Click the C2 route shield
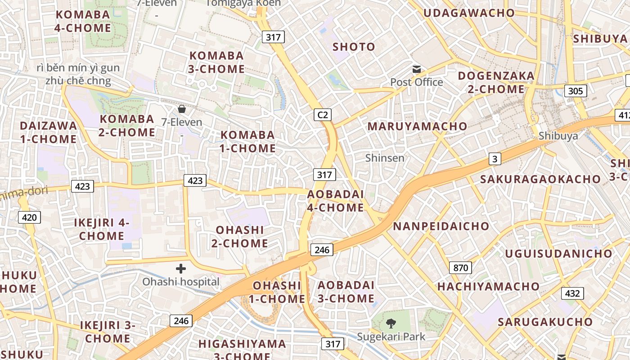pos(323,115)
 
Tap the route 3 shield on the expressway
pos(495,159)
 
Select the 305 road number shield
pos(575,91)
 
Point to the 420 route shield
pos(29,218)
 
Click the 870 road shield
pos(460,268)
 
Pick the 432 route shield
pos(572,293)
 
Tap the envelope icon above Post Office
pos(417,69)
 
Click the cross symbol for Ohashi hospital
pos(181,269)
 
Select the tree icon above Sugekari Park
pos(391,323)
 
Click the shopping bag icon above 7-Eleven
pos(182,109)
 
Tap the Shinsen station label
pos(385,158)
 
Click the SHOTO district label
pos(354,47)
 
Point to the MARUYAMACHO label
pos(418,126)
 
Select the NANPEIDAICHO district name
pos(441,226)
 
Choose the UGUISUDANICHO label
pos(558,253)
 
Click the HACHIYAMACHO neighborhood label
pos(488,287)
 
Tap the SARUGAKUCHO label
pos(545,322)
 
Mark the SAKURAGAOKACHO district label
pos(540,179)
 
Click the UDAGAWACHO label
pos(469,13)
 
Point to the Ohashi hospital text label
pos(181,282)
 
